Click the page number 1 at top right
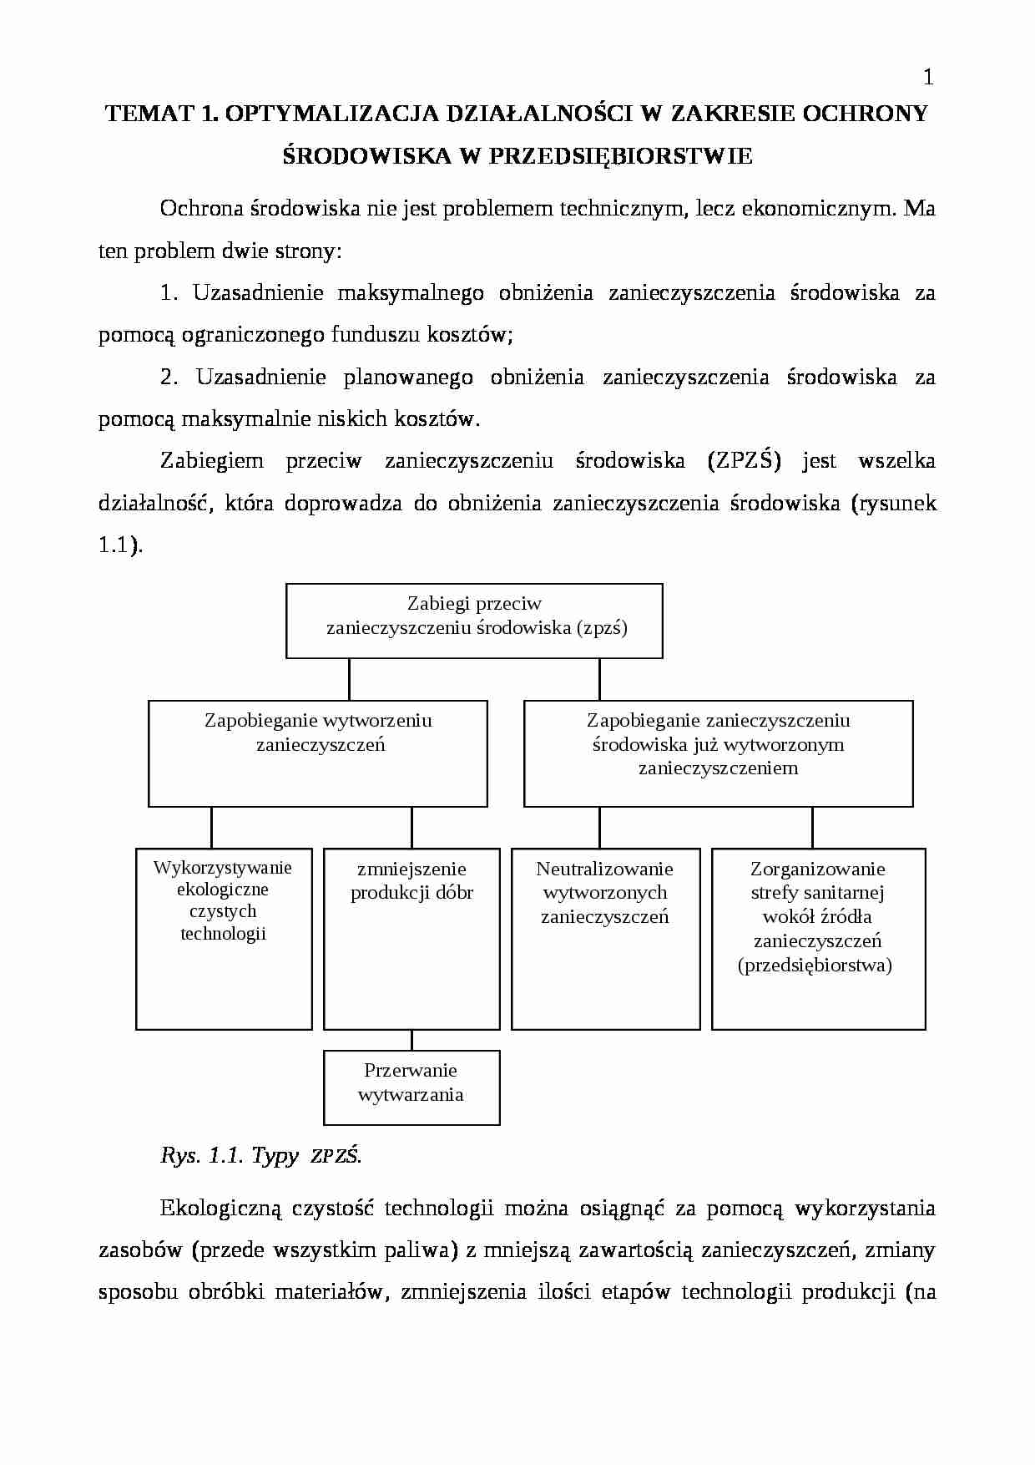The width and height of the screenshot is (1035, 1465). tap(928, 79)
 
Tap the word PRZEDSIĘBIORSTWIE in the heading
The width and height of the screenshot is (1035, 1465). tap(619, 156)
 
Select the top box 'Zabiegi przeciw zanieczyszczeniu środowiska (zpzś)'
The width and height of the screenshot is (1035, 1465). tap(474, 621)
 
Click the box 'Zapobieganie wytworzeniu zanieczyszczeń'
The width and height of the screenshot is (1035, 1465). tap(317, 753)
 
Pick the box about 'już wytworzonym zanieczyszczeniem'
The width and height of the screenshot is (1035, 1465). tap(718, 753)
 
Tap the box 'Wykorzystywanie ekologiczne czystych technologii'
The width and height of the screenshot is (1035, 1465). tap(224, 939)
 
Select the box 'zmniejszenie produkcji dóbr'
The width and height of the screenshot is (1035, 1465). tap(411, 939)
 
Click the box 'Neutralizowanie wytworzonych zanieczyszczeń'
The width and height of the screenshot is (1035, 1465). tap(605, 939)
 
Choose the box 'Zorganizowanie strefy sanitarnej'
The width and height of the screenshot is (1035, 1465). tap(818, 939)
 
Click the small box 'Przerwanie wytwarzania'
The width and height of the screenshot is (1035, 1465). tap(411, 1087)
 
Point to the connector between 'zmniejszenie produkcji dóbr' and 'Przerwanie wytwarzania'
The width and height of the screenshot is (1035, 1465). tap(411, 1041)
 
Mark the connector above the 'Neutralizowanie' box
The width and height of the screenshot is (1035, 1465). tap(599, 828)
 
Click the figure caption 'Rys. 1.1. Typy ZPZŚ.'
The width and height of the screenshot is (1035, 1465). tap(260, 1156)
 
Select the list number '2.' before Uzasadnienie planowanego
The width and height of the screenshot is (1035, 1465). tap(169, 378)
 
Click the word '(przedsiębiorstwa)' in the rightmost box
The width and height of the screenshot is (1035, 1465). tap(815, 966)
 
